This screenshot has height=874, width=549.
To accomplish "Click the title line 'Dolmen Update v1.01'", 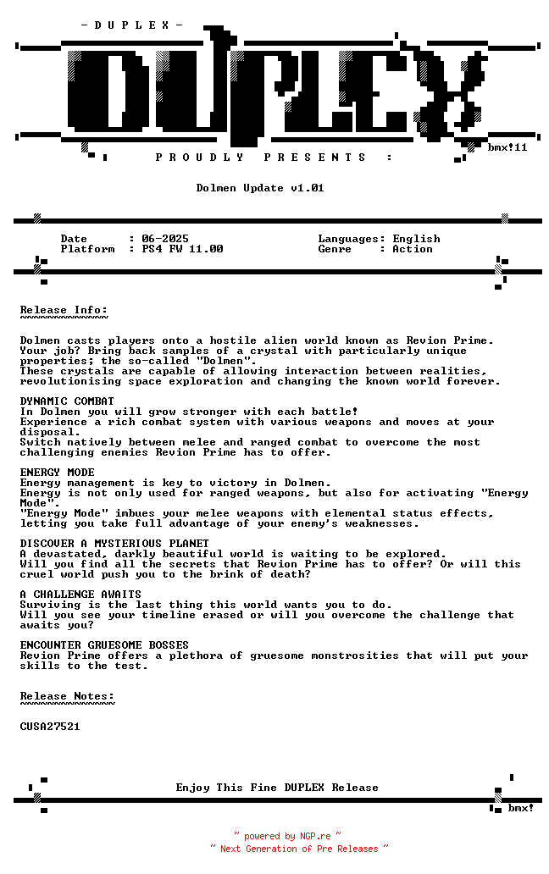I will (260, 188).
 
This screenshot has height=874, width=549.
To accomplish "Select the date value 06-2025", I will (165, 239).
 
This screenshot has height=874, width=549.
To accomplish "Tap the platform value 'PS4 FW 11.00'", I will (182, 249).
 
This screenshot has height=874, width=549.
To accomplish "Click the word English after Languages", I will (416, 239).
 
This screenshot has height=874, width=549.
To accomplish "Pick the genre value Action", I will (413, 249).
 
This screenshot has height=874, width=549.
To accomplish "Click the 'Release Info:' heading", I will (64, 310).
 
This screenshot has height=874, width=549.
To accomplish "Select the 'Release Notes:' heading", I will (67, 696).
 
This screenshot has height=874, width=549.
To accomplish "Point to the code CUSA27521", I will (50, 727).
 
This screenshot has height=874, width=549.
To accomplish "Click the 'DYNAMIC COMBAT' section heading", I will (67, 401).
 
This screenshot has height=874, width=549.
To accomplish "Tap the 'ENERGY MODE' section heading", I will (57, 473).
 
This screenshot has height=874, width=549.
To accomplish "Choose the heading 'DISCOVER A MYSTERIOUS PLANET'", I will (114, 544).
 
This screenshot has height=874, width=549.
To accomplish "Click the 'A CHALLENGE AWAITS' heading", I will (80, 595).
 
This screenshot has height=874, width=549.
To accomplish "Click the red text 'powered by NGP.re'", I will (287, 836).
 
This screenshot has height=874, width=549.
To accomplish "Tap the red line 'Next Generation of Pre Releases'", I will (299, 848).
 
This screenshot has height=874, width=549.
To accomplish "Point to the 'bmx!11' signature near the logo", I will (507, 147).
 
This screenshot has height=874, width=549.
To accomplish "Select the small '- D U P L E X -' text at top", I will (132, 25).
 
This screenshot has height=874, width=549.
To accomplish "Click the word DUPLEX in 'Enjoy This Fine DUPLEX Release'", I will (304, 788).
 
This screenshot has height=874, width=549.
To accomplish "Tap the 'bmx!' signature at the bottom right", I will (520, 808).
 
